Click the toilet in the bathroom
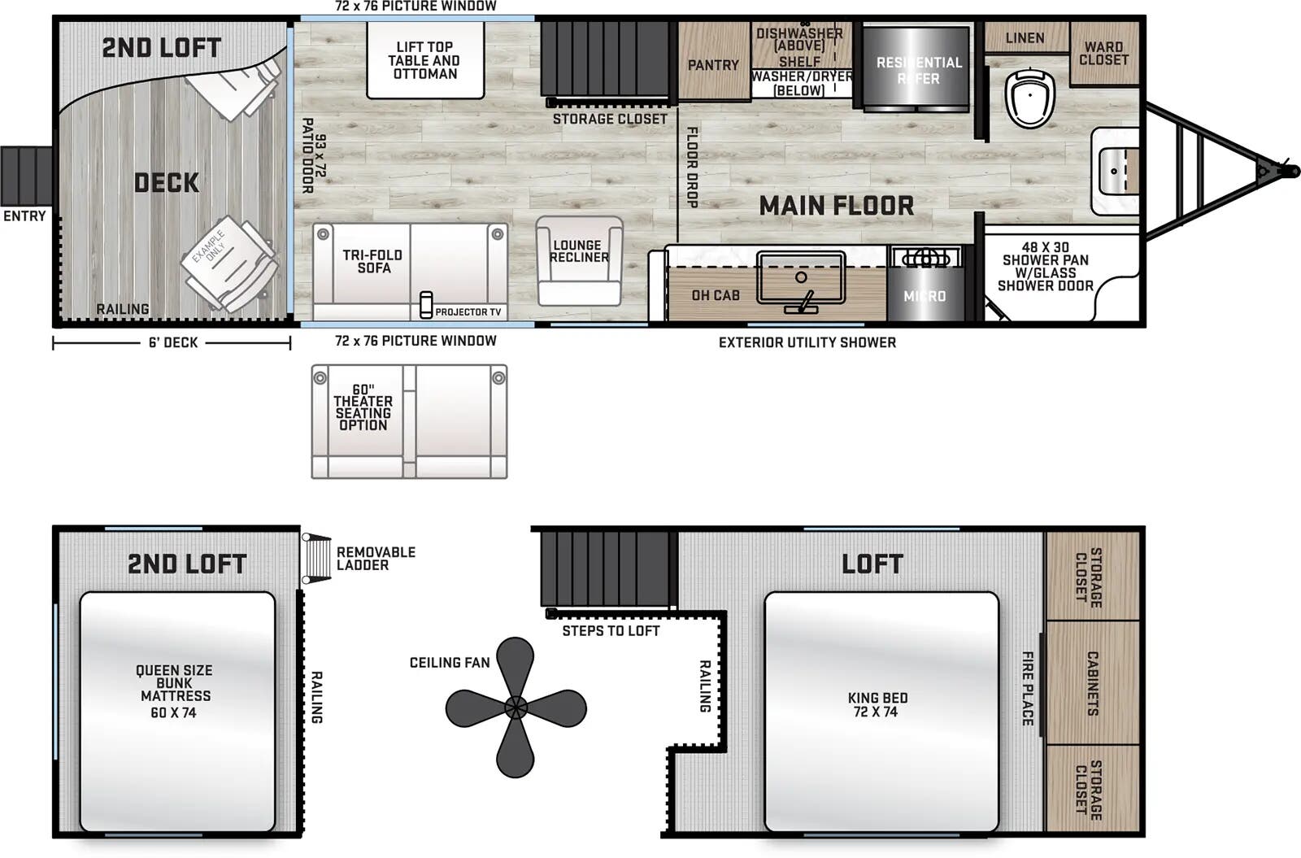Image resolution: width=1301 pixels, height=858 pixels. (1029, 98)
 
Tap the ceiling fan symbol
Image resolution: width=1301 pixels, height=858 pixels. (516, 707)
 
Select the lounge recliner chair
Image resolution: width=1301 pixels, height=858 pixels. (579, 260)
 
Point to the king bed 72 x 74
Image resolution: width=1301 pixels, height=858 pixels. (881, 711)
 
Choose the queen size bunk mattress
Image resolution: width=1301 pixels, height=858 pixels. (176, 711)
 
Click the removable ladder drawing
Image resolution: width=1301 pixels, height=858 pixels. (317, 558)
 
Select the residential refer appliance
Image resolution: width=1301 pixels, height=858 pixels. (916, 70)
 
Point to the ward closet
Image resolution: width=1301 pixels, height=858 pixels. (1103, 54)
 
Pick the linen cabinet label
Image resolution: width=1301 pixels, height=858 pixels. (1025, 38)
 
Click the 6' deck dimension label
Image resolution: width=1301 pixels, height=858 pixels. (172, 343)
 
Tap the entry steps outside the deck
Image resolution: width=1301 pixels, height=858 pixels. (26, 175)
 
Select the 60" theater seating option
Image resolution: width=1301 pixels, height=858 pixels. (409, 421)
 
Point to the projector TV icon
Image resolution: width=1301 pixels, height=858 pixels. (426, 305)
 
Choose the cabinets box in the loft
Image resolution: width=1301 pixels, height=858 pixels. (1092, 683)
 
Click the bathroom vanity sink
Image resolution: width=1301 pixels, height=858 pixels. (1115, 171)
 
